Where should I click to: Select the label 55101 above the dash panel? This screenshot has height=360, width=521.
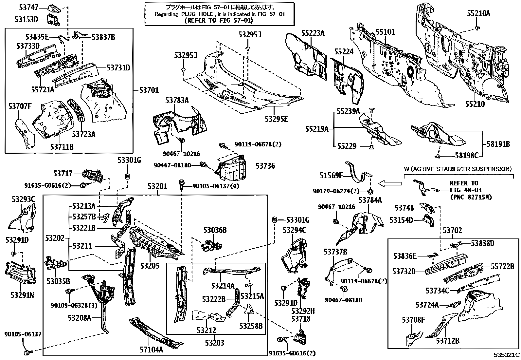(x=385, y=32)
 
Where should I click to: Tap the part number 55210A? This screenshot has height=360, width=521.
(x=478, y=13)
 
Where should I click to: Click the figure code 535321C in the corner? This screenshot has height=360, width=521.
(x=506, y=355)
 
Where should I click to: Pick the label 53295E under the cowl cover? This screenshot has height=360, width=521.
(x=277, y=119)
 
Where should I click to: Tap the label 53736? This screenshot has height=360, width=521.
(x=265, y=166)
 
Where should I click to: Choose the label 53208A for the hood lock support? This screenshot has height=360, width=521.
(x=80, y=317)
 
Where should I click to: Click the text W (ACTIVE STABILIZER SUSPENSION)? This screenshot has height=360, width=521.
(x=458, y=169)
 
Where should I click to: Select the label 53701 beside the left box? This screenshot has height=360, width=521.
(x=149, y=90)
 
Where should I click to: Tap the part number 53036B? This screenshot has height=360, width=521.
(x=215, y=230)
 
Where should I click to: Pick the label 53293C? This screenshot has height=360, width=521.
(x=23, y=199)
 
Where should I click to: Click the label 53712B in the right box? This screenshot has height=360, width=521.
(x=447, y=341)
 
